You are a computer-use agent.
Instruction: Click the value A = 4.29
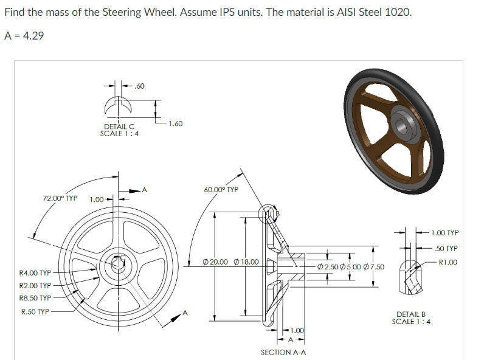pos(24,35)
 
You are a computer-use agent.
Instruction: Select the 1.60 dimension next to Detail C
pos(175,123)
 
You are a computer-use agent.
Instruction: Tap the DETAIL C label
pos(119,126)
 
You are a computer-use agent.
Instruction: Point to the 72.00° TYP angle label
pos(60,198)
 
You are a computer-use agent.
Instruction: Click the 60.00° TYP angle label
pos(221,190)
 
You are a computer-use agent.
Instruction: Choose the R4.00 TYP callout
pos(35,273)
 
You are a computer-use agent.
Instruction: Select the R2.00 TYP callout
pos(35,286)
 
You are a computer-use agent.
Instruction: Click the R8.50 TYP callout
pos(35,299)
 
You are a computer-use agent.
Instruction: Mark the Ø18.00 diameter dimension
pos(246,262)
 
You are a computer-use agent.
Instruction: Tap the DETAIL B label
pos(410,314)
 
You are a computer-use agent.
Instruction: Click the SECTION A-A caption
pos(283,352)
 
